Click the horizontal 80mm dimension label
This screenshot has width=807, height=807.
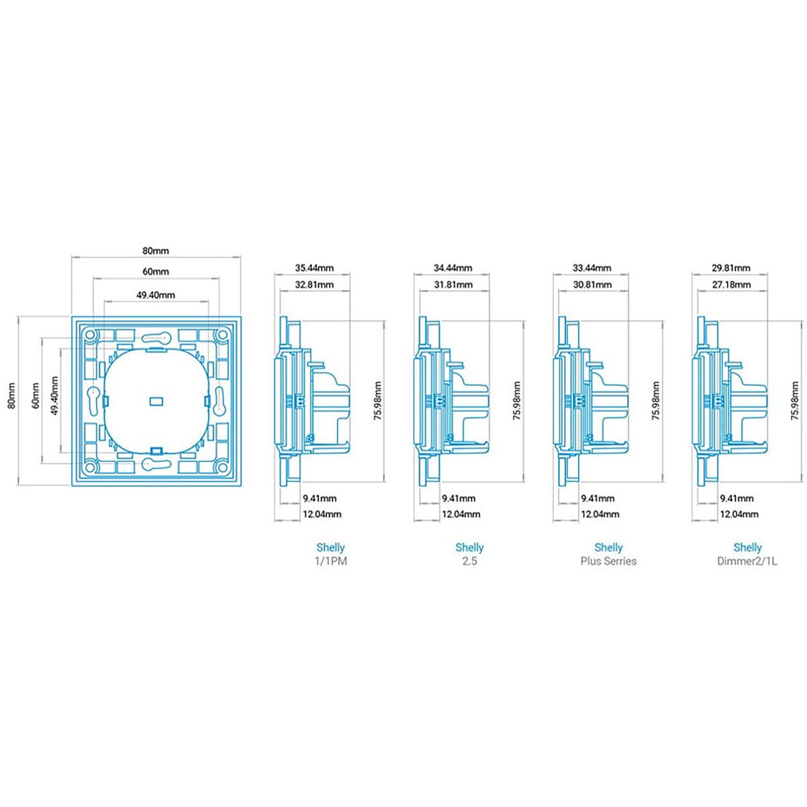click(155, 251)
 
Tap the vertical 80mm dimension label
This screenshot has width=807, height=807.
click(11, 395)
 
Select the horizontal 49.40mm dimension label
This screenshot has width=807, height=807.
click(155, 295)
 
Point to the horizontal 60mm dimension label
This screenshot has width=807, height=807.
click(155, 272)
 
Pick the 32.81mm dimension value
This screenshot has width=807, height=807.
click(314, 284)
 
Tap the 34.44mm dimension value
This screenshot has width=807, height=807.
click(453, 268)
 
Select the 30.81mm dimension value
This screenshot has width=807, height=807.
click(592, 284)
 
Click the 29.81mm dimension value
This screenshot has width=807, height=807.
click(731, 268)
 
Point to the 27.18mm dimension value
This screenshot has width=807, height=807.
click(731, 284)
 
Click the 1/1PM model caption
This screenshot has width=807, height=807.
click(331, 561)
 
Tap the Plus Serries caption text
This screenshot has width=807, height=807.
click(609, 561)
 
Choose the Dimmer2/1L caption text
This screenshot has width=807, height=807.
click(748, 561)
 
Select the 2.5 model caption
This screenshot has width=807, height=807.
click(469, 561)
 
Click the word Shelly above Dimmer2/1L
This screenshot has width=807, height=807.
click(748, 547)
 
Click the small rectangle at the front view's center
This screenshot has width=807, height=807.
click(156, 401)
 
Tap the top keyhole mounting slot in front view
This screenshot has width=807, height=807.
click(156, 338)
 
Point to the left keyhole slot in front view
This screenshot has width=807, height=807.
click(93, 401)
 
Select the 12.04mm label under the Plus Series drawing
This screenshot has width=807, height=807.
click(600, 514)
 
